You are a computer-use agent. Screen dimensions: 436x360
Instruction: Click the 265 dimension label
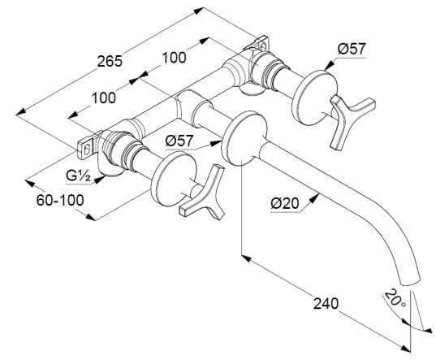(110, 61)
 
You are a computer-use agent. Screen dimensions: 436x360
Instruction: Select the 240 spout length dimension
(326, 303)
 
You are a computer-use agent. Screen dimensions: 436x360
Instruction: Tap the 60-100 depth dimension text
(60, 200)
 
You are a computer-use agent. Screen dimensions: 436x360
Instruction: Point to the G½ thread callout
(78, 176)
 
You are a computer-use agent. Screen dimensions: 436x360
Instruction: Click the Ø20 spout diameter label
(285, 203)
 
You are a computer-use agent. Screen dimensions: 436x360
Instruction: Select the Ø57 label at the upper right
(352, 50)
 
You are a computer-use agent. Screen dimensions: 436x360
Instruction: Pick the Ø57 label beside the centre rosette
(179, 141)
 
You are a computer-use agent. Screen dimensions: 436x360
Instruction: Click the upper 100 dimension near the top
(174, 58)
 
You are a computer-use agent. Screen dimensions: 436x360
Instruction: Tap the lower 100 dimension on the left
(104, 98)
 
